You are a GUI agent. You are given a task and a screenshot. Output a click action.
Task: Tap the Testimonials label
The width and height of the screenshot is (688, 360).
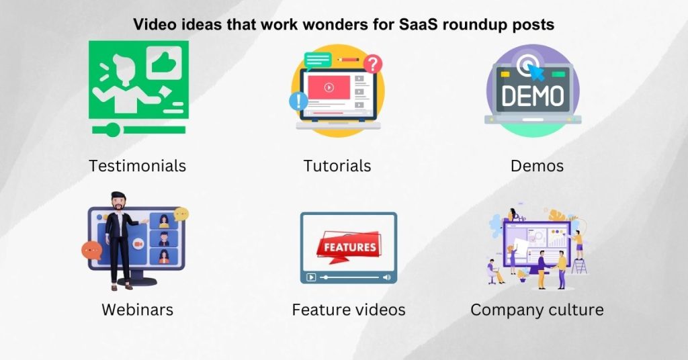137,165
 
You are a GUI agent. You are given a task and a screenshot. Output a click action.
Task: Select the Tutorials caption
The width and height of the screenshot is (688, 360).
337,165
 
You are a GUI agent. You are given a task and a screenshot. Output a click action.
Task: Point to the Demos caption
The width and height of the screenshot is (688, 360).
537,165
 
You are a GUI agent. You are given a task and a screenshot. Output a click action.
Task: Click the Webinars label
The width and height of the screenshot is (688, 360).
137,310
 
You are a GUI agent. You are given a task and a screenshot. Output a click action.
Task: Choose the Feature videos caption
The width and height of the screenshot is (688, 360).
348,310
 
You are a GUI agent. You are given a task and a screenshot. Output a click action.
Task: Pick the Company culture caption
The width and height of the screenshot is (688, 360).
537,310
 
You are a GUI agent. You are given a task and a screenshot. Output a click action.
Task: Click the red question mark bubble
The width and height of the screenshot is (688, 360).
373,64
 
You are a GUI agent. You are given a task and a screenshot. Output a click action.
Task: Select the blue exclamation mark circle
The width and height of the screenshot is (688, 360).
298,101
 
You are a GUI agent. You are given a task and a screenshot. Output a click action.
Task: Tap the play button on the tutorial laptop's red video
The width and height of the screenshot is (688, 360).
329,87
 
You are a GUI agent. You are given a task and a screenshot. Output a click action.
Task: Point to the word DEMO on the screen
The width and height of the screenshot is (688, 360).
533,97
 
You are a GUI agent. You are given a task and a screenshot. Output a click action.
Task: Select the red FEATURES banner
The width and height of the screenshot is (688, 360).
349,246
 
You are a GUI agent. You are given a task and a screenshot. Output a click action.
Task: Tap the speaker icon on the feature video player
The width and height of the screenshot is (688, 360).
386,277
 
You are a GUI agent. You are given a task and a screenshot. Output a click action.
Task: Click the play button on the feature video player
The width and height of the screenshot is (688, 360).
311,277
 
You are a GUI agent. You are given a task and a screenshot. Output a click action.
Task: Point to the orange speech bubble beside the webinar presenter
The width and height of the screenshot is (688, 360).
91,251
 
